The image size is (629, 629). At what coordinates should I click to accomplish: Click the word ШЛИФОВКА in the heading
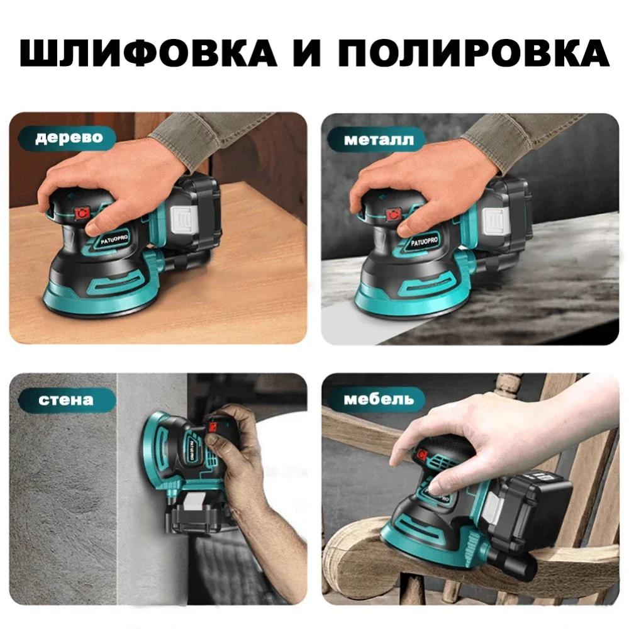(x=148, y=53)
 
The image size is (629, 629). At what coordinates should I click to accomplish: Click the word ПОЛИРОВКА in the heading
(x=475, y=53)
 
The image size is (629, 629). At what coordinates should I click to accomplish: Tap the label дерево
(x=68, y=137)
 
